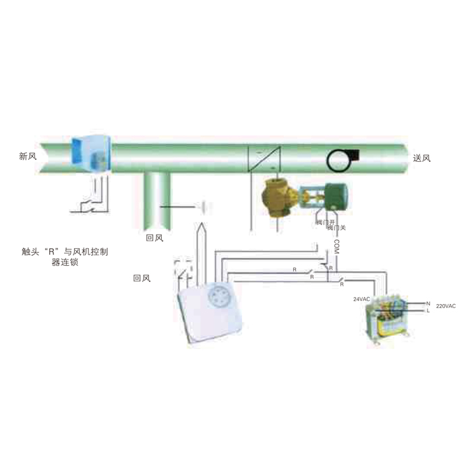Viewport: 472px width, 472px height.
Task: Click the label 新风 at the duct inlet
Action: point(28,156)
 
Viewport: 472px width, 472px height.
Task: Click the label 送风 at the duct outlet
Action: point(421,158)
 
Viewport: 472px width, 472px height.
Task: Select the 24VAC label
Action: point(363,298)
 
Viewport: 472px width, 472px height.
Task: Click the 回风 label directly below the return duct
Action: point(155,237)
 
